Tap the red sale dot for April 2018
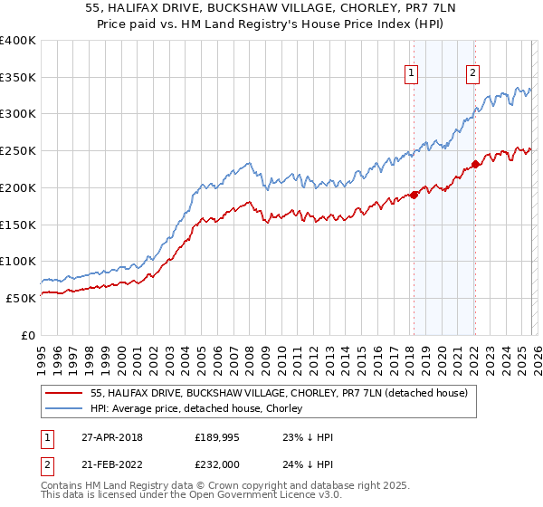(x=414, y=194)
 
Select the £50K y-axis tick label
(x=21, y=298)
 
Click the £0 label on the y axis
(x=27, y=335)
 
